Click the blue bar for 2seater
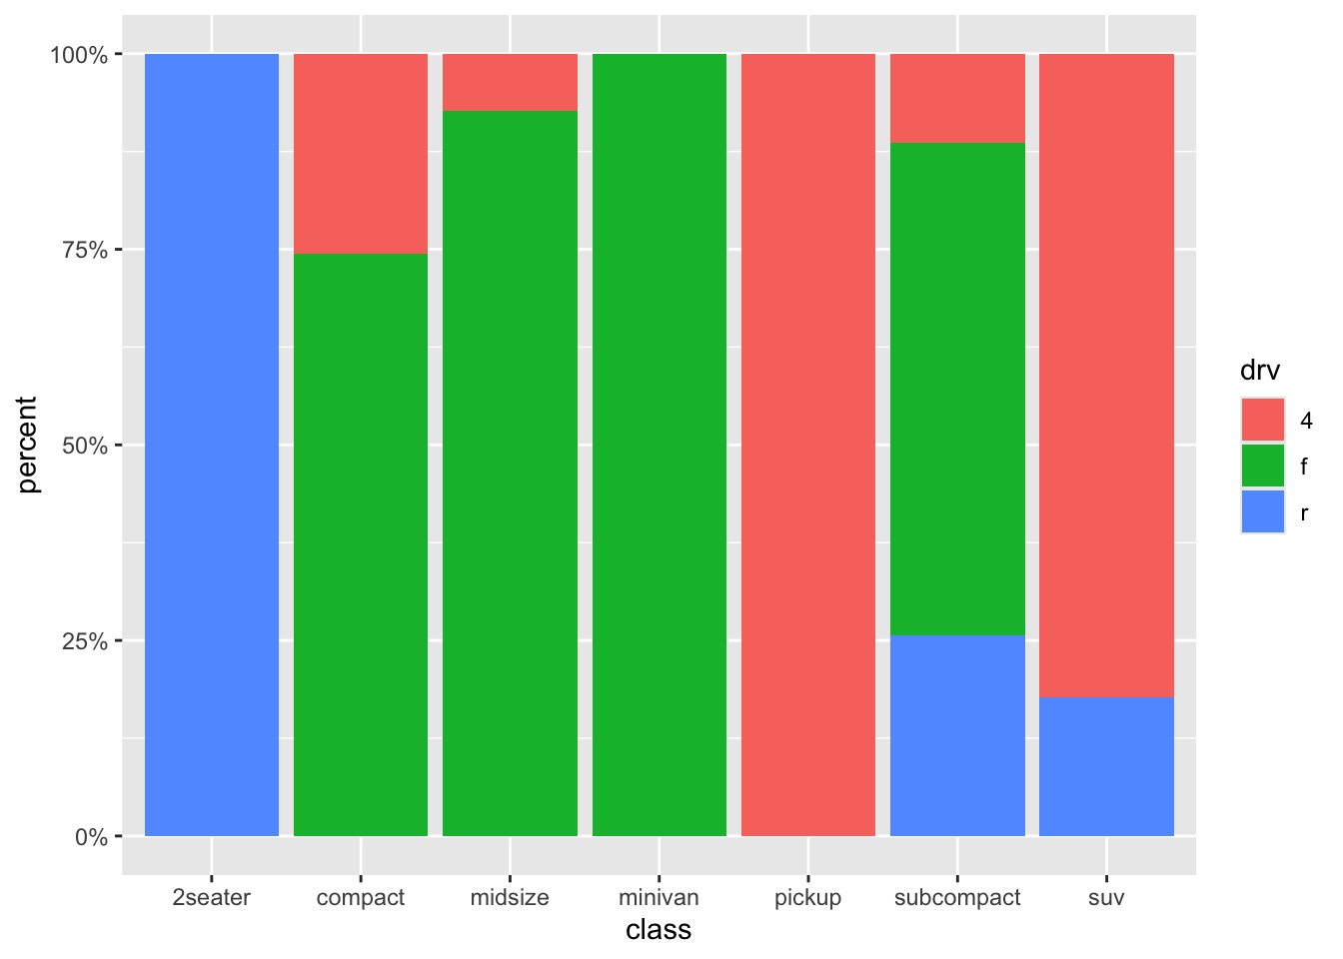[212, 445]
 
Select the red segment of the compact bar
[361, 153]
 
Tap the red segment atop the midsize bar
[510, 82]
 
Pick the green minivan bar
[660, 445]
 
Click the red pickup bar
[808, 445]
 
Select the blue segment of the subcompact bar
[957, 735]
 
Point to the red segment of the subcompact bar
[957, 98]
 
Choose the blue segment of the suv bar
[1106, 766]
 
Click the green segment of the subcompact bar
[957, 389]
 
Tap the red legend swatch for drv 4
[1263, 420]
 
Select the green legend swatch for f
[1263, 466]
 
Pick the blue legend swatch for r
[1263, 511]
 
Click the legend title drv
[1260, 371]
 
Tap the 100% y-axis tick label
[79, 54]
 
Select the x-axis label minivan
[660, 897]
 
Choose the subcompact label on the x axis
[957, 897]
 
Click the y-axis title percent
[28, 445]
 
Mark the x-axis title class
[659, 931]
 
